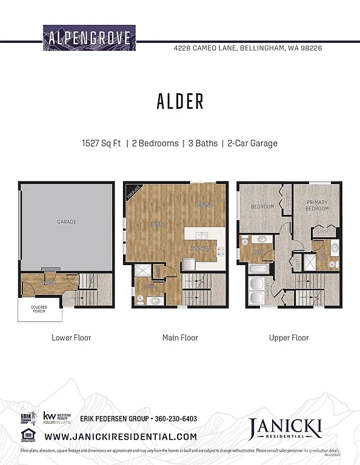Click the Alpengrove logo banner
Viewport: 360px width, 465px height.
point(90,38)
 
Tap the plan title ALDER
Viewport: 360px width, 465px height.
point(180,102)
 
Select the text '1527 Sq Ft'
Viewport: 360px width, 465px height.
point(102,143)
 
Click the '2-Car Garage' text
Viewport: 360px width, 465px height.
point(252,143)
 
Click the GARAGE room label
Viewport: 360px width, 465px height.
point(67,222)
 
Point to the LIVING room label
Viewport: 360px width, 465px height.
point(155,225)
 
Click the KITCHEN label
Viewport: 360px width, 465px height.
point(200,249)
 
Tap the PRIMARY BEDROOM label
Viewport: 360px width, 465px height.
point(317,205)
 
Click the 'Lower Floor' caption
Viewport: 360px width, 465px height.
point(71,338)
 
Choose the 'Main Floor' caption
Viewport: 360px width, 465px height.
point(180,338)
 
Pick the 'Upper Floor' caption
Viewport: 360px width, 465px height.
point(288,338)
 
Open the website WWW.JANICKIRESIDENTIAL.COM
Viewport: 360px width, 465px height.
point(121,436)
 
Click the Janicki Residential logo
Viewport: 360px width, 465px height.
point(284,430)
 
